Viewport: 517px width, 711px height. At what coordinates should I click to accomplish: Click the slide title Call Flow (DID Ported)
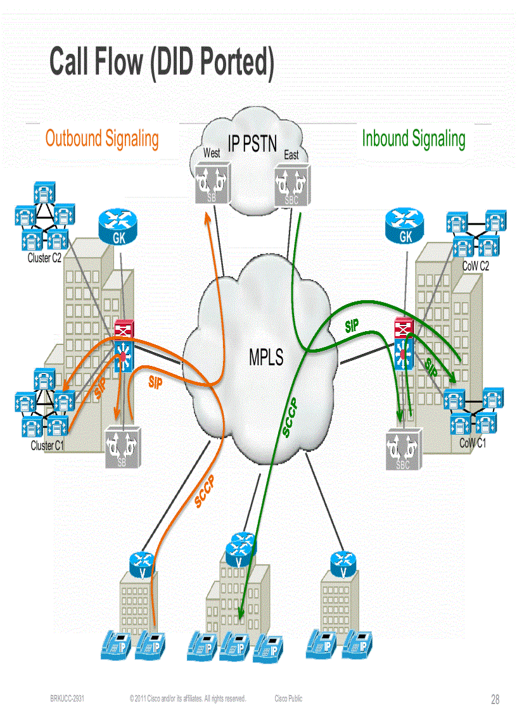tap(162, 62)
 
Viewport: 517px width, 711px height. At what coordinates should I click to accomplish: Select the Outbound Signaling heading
tap(102, 138)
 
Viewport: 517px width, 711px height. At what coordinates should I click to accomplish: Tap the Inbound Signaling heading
tap(413, 138)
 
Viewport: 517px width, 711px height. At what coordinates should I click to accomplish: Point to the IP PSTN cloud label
tap(252, 144)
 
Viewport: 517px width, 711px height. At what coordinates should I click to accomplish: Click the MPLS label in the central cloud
tap(266, 358)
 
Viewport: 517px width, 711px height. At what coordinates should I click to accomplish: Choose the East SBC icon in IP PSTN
tap(291, 184)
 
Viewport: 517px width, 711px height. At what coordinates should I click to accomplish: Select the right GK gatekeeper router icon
tap(404, 225)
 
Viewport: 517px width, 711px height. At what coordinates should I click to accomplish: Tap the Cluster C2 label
tap(44, 258)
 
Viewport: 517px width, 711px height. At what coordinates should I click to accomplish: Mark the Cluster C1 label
tap(48, 446)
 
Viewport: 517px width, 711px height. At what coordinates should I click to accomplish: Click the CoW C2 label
tap(475, 267)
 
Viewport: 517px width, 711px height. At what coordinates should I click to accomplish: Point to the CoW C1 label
tap(473, 443)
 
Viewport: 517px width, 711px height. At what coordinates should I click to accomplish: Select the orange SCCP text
tap(205, 491)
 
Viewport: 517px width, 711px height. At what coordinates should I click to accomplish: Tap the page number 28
tap(495, 700)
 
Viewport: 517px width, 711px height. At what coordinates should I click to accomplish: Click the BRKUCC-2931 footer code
tap(68, 698)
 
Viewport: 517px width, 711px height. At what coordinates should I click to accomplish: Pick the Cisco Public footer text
tap(288, 698)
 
